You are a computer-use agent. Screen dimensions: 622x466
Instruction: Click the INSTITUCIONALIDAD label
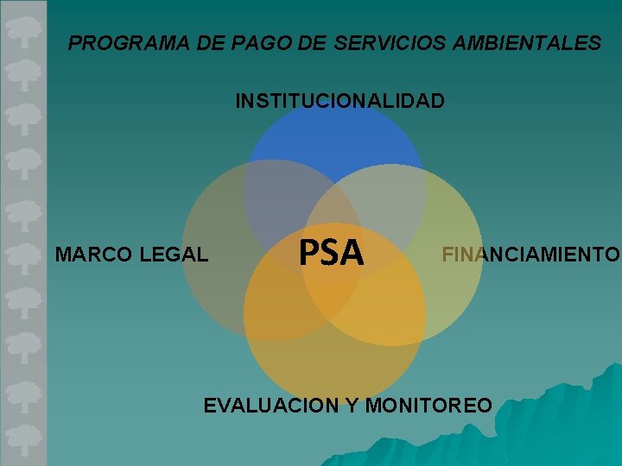[340, 102]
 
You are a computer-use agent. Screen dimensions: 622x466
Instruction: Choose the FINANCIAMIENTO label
[530, 255]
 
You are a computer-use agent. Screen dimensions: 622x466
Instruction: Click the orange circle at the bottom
[335, 362]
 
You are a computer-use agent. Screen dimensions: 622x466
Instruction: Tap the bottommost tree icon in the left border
[23, 437]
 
